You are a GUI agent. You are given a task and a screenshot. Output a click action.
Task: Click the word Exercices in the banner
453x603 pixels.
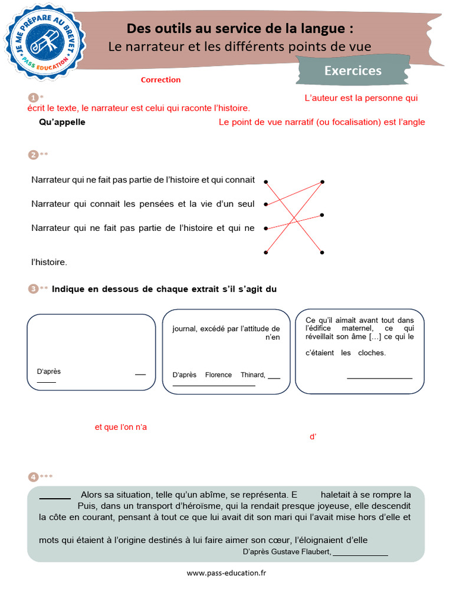(353, 71)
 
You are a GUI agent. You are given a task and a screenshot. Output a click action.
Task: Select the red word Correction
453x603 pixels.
(160, 79)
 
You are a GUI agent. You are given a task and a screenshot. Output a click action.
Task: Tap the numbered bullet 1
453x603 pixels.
(33, 98)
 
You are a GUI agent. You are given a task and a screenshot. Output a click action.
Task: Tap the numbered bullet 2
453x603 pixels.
(33, 155)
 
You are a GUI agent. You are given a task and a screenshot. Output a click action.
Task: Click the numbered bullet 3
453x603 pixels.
(33, 289)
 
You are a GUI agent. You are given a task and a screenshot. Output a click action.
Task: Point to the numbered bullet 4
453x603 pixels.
(33, 476)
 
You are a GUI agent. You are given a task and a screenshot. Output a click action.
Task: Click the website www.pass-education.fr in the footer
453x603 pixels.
(226, 573)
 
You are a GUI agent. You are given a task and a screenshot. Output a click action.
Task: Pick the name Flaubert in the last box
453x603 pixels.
(316, 551)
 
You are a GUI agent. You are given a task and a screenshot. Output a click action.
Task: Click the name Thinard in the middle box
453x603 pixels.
(253, 375)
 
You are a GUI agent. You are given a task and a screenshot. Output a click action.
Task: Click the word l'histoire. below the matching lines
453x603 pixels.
(49, 262)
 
